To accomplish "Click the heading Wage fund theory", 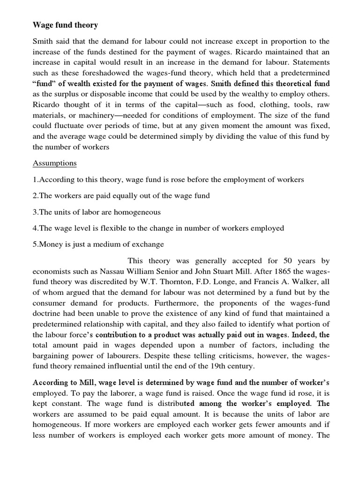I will click(65, 24).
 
